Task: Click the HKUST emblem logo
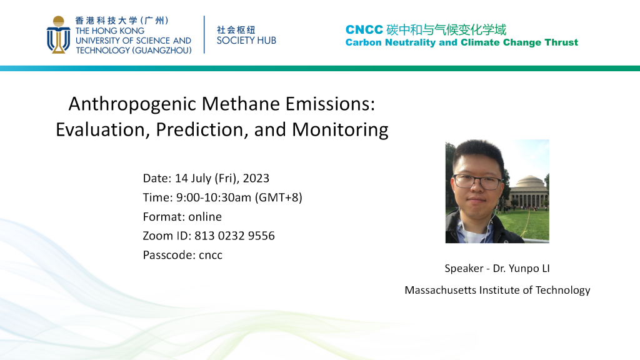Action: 58,35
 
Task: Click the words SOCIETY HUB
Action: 246,41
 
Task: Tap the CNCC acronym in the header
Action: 364,29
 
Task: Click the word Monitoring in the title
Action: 340,130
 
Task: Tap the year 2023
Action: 256,178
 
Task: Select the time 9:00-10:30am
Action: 214,197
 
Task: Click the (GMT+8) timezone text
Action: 279,197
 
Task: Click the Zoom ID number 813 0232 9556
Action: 234,236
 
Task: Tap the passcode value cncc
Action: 211,256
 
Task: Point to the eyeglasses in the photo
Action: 477,182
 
